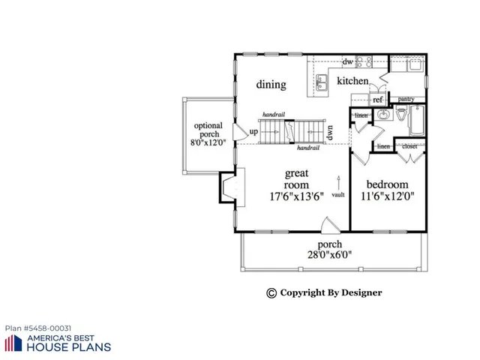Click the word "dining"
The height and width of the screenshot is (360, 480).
271,85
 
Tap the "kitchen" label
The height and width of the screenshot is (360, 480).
352,81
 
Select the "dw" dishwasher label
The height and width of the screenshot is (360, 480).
348,61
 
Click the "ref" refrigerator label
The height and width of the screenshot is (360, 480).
378,100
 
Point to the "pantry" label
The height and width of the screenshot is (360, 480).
406,99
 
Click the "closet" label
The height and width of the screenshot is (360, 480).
409,147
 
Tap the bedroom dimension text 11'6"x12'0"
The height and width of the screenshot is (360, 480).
386,197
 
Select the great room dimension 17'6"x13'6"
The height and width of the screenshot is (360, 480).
296,197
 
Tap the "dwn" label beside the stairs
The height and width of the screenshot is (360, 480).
329,132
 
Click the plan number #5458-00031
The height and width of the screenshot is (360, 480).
39,328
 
